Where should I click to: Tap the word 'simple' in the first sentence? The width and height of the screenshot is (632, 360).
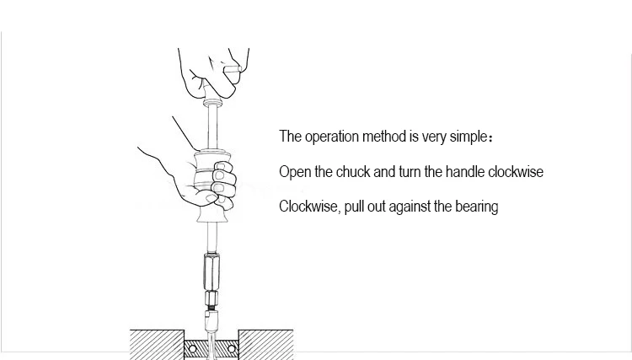(x=484, y=137)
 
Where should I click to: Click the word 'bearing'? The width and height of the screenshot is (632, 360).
(x=476, y=207)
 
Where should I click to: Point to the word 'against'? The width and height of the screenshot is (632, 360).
(x=410, y=207)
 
